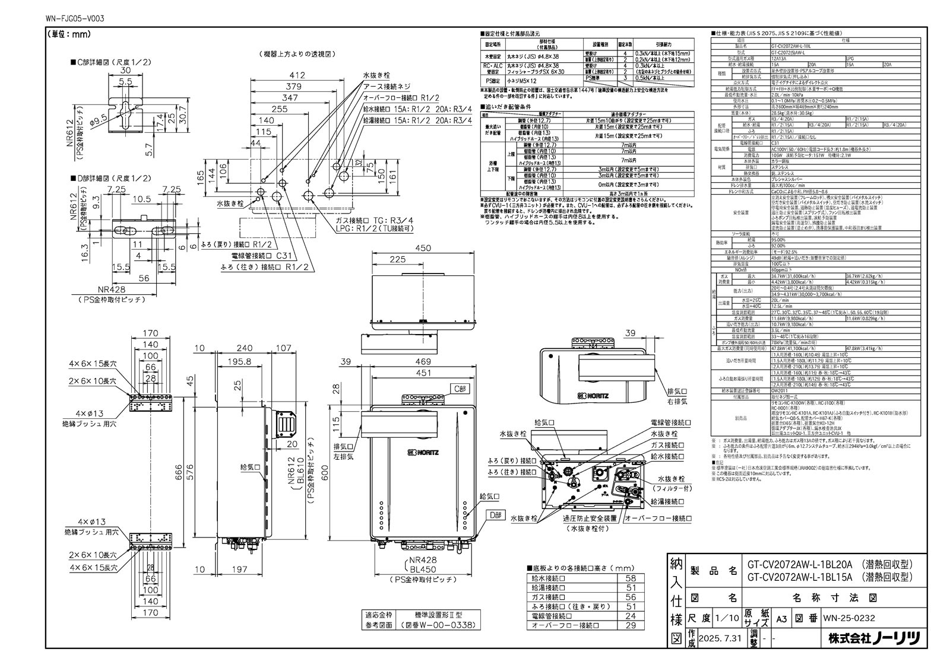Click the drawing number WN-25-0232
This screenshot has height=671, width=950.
coord(848,618)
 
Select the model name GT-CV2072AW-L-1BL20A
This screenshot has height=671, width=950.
coord(792,565)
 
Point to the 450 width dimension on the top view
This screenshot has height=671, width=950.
coord(423,249)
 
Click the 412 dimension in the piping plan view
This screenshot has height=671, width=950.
coord(297,75)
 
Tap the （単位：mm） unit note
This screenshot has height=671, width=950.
coord(68,34)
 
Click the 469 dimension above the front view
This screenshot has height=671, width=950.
coord(423,361)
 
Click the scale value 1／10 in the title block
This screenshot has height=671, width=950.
coord(726,618)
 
